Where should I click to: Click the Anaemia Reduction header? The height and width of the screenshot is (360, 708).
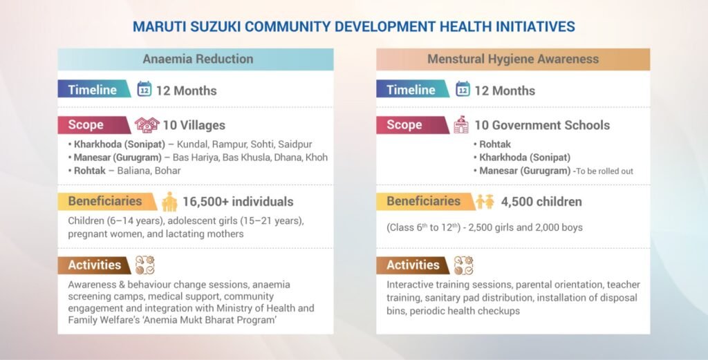pyautogui.click(x=198, y=59)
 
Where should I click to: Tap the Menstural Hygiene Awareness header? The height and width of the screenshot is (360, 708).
pyautogui.click(x=512, y=59)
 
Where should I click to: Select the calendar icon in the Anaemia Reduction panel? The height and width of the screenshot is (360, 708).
pyautogui.click(x=145, y=90)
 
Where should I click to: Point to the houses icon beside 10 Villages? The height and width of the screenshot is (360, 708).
pyautogui.click(x=147, y=125)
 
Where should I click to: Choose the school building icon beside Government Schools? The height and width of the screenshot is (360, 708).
pyautogui.click(x=461, y=125)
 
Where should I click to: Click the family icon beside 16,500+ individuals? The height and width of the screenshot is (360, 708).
pyautogui.click(x=169, y=202)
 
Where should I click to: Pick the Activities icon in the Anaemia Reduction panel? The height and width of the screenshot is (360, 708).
pyautogui.click(x=145, y=265)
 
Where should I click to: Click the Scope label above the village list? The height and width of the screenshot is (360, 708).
pyautogui.click(x=86, y=125)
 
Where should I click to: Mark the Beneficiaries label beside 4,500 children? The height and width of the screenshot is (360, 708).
pyautogui.click(x=423, y=202)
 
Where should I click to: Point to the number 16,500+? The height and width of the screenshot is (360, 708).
pyautogui.click(x=205, y=202)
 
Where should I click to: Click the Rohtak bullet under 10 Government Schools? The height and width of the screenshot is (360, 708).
pyautogui.click(x=495, y=144)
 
